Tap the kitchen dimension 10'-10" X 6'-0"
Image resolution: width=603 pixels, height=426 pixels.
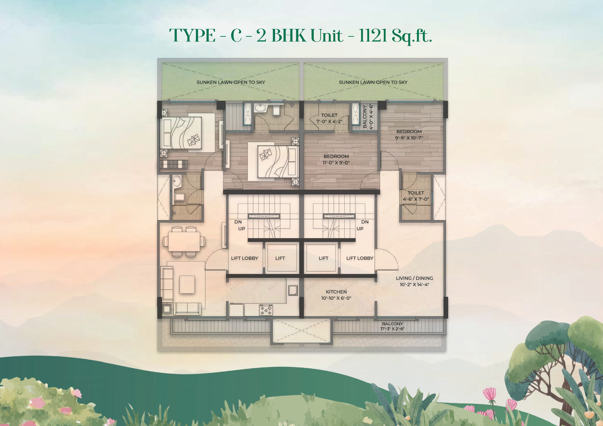pos(336,298)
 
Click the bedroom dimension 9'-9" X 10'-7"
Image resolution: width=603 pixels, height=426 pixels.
pos(409,138)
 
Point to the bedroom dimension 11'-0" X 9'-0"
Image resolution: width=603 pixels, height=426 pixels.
pos(336,163)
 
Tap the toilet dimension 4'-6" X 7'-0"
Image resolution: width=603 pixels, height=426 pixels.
pos(416,199)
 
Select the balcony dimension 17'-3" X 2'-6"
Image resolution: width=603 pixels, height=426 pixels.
pos(392,329)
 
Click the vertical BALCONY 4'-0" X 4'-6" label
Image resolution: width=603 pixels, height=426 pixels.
pos(368,117)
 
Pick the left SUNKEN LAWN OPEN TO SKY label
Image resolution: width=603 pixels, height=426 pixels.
pos(231,82)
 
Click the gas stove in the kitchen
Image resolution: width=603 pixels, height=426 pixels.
pos(266,310)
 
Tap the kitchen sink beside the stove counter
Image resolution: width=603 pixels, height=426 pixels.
pos(293,290)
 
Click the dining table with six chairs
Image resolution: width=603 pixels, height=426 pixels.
pos(184,241)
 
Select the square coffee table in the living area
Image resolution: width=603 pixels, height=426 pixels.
pos(187,284)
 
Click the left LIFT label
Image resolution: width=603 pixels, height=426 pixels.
pos(280,258)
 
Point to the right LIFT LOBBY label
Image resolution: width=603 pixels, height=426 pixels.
pos(360,258)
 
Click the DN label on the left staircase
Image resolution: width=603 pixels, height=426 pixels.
pos(238,222)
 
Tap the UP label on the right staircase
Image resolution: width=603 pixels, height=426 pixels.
pos(360,229)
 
